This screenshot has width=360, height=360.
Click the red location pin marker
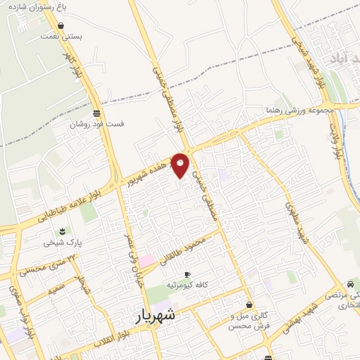pos(181,165)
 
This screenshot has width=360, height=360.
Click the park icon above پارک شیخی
pos(63,231)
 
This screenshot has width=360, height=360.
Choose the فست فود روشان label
pos(96,124)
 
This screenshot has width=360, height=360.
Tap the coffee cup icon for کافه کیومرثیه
pos(186,274)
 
